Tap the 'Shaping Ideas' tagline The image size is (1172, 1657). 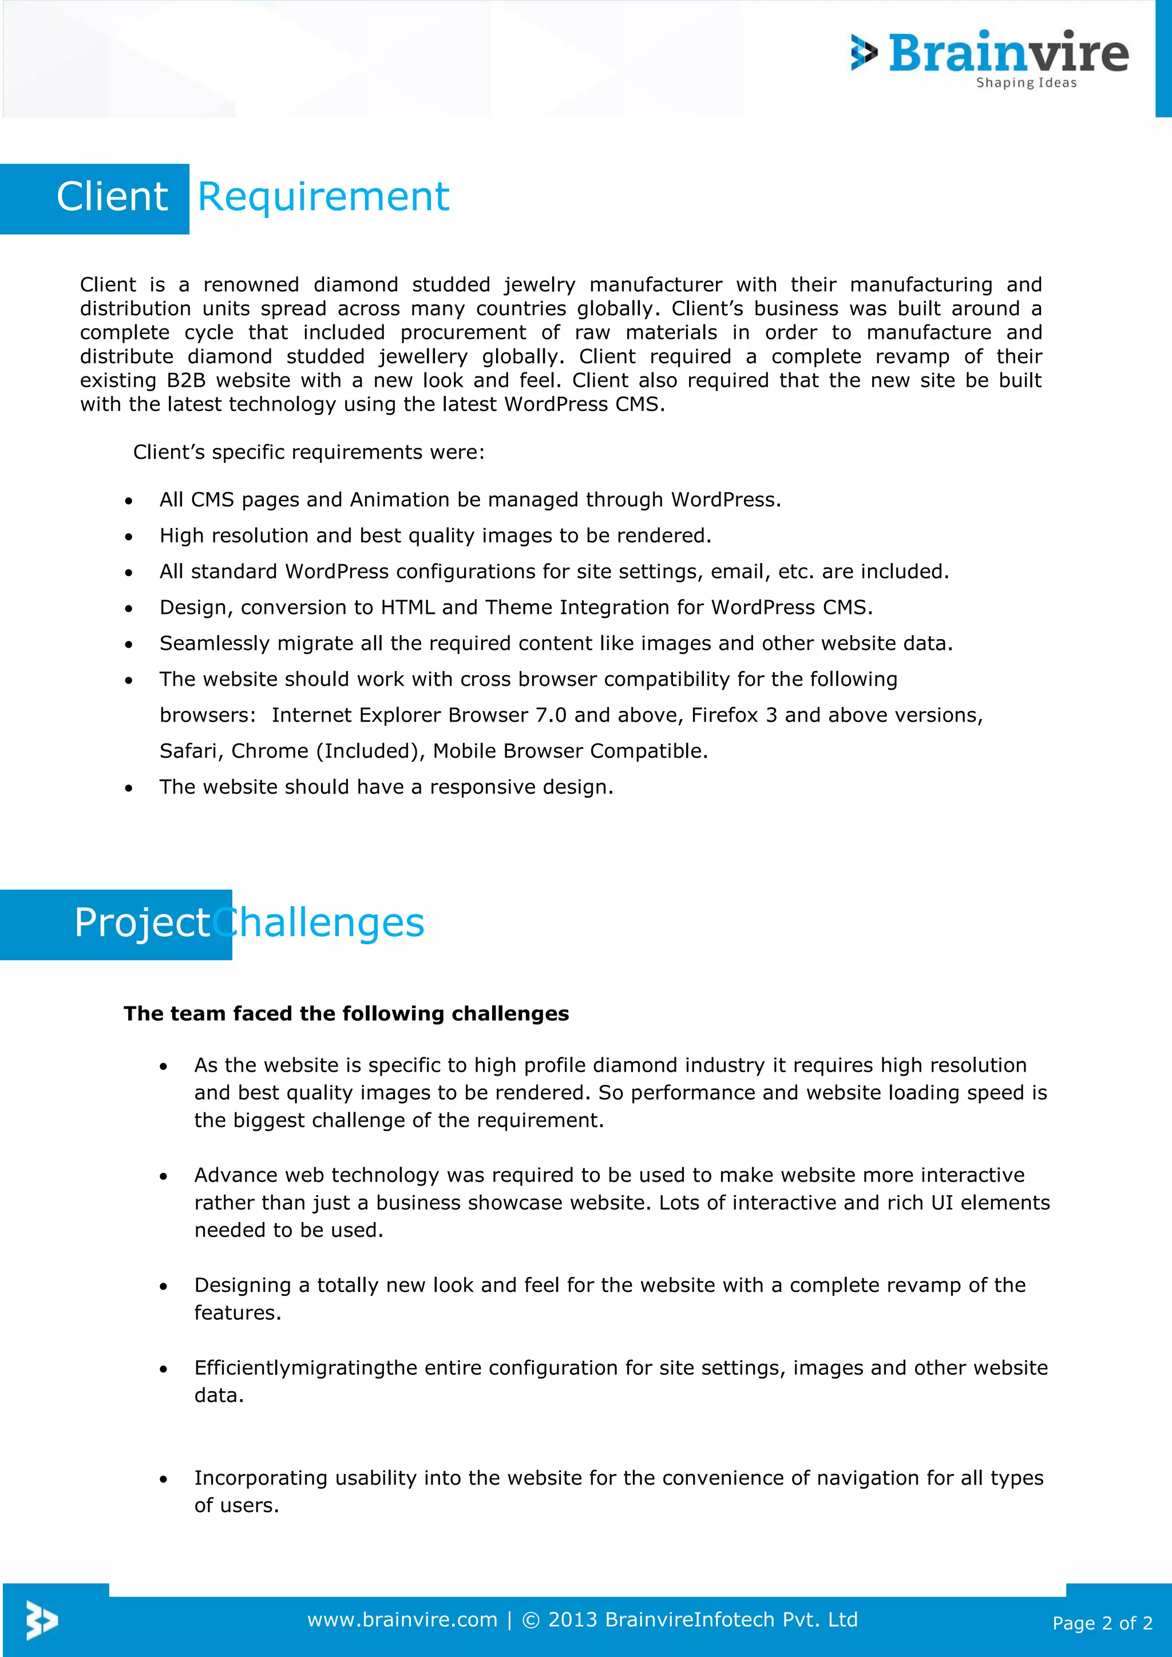click(x=1025, y=83)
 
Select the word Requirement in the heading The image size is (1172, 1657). click(x=323, y=197)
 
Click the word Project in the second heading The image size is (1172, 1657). click(x=141, y=923)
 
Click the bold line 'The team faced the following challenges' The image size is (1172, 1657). click(x=346, y=1014)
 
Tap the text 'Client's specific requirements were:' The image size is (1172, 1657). click(x=309, y=453)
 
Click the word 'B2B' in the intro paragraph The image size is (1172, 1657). click(x=186, y=380)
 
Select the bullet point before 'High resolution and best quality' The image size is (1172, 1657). click(x=128, y=537)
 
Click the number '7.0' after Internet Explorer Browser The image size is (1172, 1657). click(x=551, y=715)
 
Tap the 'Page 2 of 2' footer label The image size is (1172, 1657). click(x=1102, y=1623)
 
